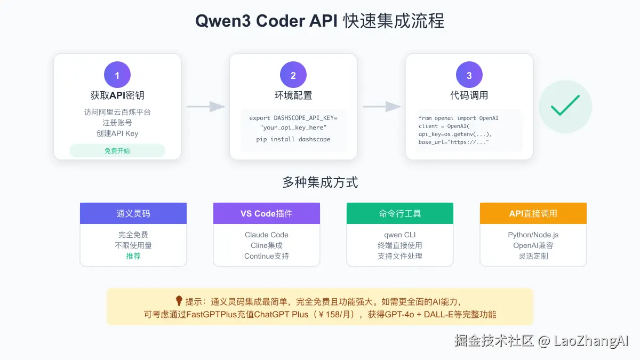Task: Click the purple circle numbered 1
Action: coord(117,75)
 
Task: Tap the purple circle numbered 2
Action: coord(293,75)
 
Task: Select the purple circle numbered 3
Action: coord(469,75)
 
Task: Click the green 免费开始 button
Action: coord(117,151)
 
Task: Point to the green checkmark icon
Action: coord(565,106)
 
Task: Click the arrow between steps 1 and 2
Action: coord(206,107)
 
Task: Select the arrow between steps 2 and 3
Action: coord(382,107)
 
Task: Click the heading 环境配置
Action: coord(293,96)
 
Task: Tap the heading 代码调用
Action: coord(469,96)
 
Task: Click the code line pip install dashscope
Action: coord(293,140)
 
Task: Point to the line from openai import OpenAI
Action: coord(459,118)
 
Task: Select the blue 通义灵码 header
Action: coord(133,213)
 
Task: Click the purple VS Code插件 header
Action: coord(267,213)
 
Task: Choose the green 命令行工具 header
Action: coord(400,213)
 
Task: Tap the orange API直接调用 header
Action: coord(533,213)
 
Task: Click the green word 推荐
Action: coord(133,256)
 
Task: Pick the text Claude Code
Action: coord(267,235)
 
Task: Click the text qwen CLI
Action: coord(400,235)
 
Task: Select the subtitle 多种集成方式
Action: coord(320,183)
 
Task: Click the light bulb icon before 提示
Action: coord(179,301)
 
